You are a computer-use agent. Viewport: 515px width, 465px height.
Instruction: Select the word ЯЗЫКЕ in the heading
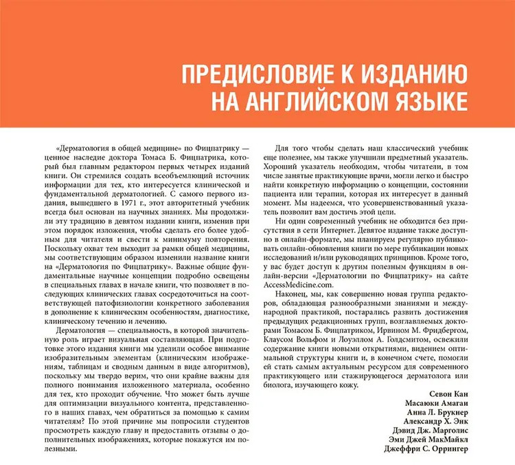[425, 100]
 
